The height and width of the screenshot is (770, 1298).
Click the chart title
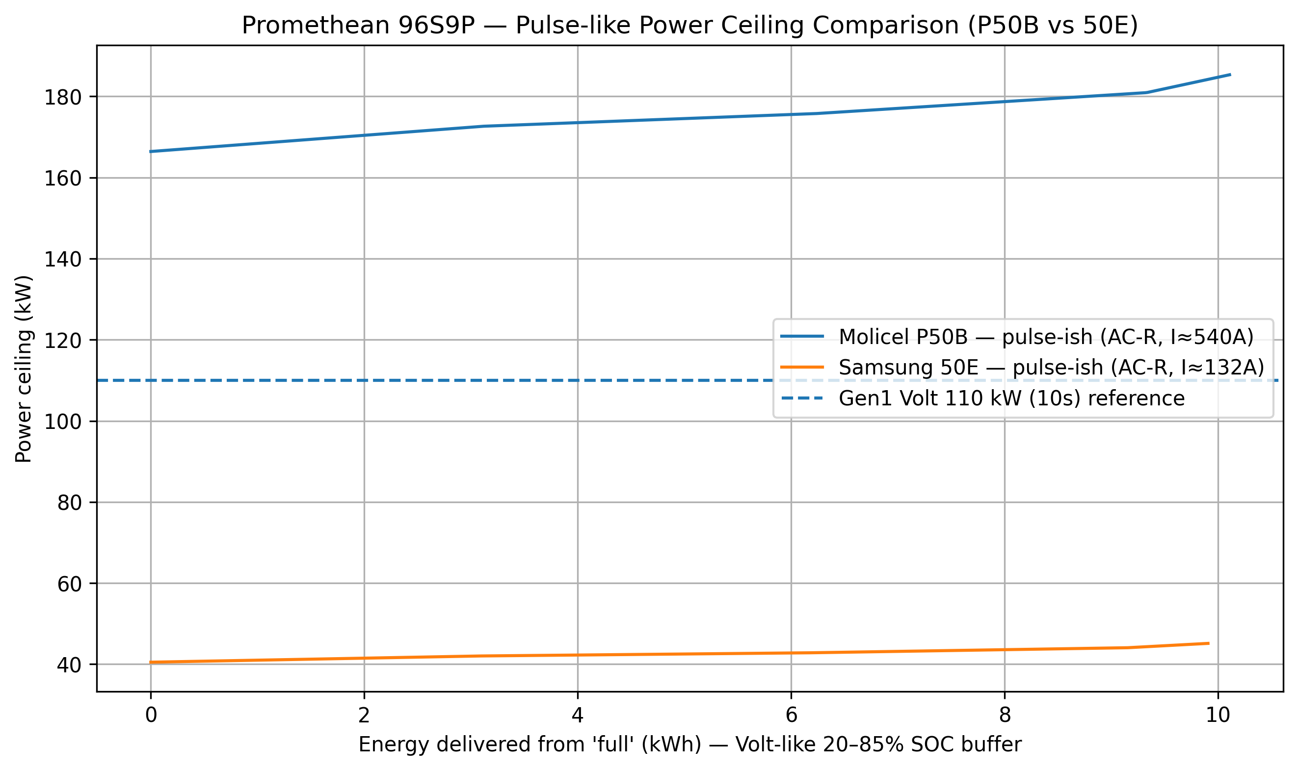[689, 26]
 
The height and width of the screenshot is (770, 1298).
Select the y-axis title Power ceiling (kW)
[24, 369]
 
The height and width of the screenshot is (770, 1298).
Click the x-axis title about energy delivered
[689, 744]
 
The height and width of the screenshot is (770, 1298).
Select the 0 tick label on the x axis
[151, 716]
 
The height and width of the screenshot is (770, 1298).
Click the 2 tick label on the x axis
[364, 716]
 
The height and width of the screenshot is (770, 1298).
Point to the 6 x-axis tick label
[791, 716]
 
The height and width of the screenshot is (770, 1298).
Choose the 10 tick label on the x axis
[1218, 716]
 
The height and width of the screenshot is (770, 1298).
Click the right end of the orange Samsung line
[1209, 643]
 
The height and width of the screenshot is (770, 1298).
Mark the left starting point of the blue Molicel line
[151, 152]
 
